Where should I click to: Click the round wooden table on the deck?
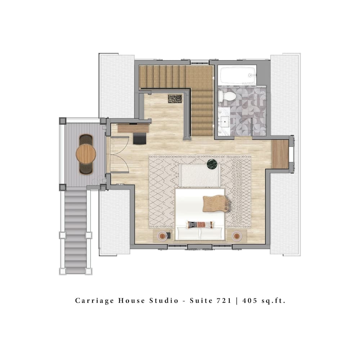86,154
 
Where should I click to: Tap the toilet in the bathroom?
227,96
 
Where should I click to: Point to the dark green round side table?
212,164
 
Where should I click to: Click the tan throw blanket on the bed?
215,204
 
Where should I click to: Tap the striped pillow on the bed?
200,225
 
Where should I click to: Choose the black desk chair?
140,138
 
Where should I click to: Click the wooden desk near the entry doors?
133,128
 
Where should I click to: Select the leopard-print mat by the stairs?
175,99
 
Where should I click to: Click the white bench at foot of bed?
200,175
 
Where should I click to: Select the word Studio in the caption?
164,301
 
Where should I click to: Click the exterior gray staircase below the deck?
76,230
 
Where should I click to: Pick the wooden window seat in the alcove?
280,154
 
